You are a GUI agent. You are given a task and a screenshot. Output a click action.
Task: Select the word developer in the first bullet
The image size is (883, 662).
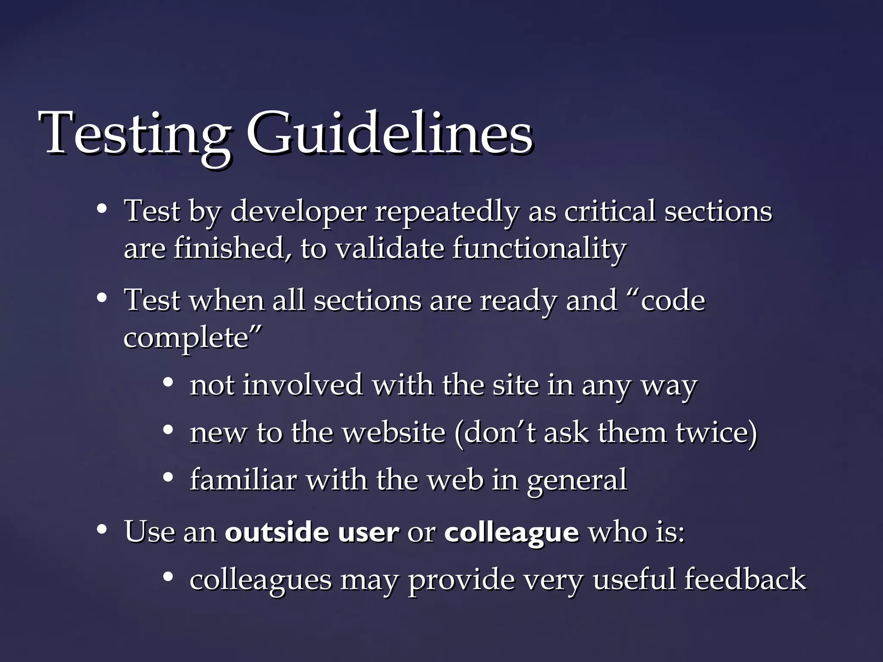(298, 212)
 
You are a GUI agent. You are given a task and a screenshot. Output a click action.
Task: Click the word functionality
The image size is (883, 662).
(539, 249)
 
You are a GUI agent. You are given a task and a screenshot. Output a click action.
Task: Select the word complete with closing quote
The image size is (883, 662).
(192, 337)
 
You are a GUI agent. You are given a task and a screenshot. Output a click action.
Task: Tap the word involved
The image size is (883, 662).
(302, 384)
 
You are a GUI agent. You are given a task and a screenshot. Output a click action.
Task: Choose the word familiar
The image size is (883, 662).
(243, 479)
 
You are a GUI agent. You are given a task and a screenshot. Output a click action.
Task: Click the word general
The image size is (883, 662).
(576, 480)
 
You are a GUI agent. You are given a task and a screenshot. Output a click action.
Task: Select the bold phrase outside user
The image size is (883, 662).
(312, 532)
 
